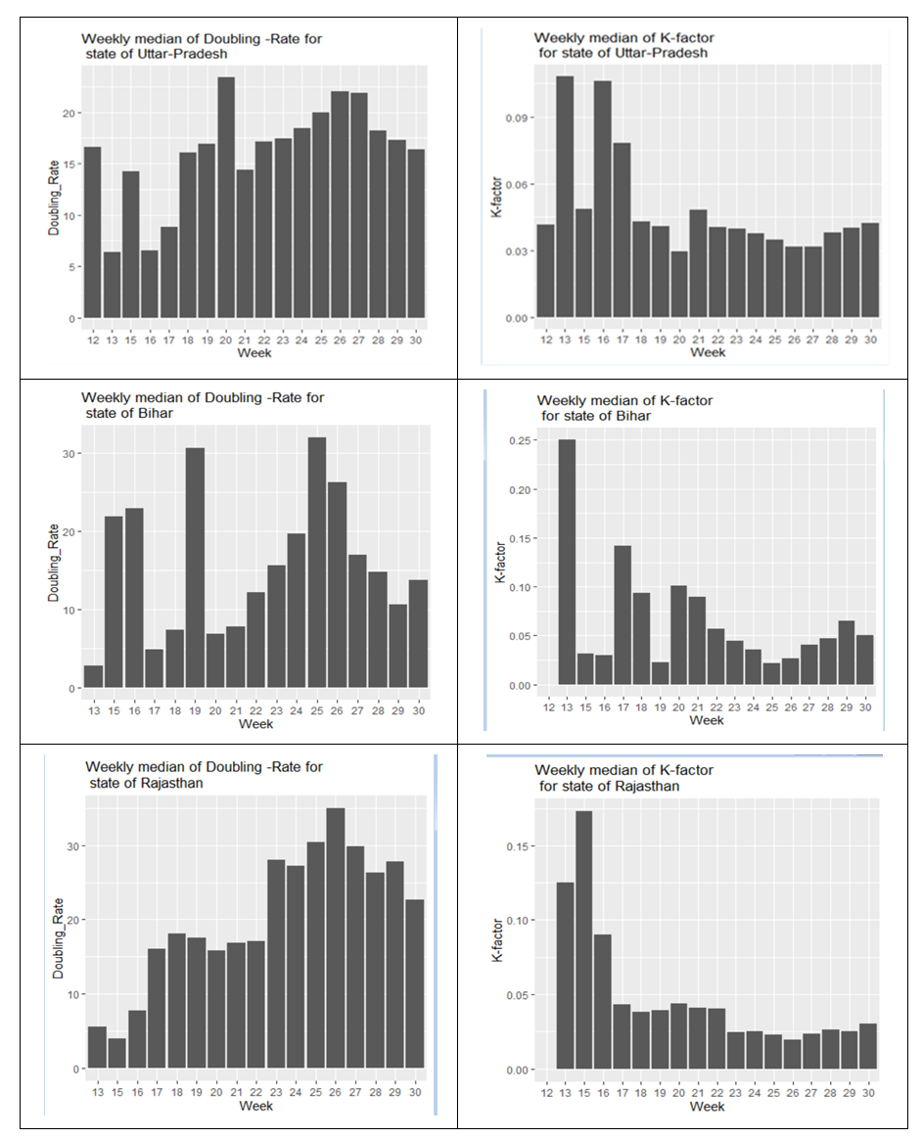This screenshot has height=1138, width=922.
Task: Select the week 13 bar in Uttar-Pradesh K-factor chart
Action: point(565,197)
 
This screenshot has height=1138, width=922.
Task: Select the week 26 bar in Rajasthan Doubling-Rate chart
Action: point(335,938)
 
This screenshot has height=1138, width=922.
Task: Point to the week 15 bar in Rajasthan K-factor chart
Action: point(583,939)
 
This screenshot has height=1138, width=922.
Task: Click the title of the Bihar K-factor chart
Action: point(624,408)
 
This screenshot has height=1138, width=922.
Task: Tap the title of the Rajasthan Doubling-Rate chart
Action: point(204,774)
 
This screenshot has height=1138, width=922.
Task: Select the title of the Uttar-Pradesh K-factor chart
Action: point(623,45)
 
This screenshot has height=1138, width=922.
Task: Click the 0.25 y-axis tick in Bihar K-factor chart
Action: point(518,440)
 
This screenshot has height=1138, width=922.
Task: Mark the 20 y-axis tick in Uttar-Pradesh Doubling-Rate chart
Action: point(69,113)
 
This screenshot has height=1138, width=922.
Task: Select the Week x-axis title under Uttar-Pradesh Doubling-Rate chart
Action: point(255,352)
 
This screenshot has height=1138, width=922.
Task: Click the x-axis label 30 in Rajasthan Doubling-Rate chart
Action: point(414,1091)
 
